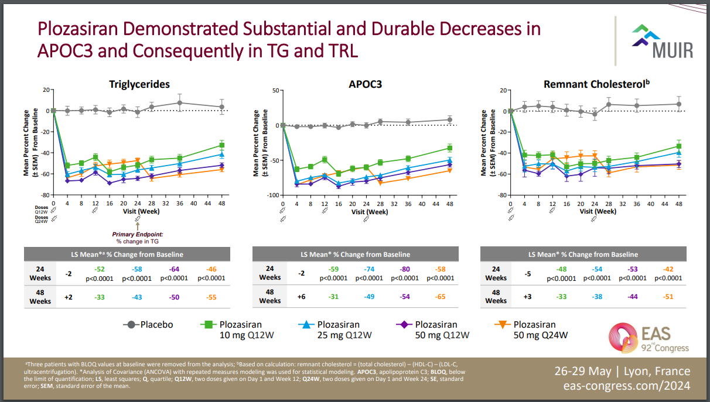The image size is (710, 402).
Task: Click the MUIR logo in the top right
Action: click(x=663, y=42)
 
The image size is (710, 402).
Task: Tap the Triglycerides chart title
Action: click(x=139, y=84)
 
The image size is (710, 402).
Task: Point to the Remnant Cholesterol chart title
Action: click(x=596, y=84)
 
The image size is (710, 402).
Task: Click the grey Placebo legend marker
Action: click(x=131, y=325)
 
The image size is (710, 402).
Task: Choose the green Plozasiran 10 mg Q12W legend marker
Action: click(x=206, y=325)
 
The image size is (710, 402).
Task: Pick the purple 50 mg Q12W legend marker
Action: click(x=401, y=325)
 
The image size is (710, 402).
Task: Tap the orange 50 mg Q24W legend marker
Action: click(x=500, y=325)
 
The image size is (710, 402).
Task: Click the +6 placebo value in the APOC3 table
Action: click(x=302, y=297)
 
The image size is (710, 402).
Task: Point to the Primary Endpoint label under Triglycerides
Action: click(x=138, y=234)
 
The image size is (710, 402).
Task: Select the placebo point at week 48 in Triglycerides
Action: click(x=221, y=107)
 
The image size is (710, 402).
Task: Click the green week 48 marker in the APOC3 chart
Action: click(x=449, y=148)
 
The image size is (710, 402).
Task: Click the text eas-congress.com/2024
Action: click(x=626, y=386)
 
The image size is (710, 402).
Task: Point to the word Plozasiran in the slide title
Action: click(x=81, y=29)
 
